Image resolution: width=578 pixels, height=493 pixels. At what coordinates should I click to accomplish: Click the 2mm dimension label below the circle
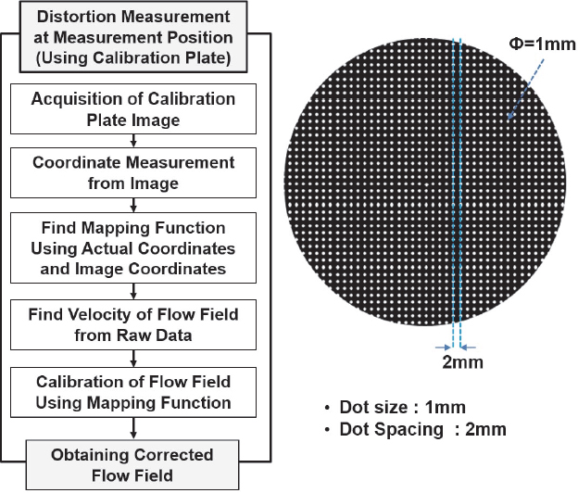tap(463, 361)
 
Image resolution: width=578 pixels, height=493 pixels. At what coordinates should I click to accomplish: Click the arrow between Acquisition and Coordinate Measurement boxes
tap(135, 140)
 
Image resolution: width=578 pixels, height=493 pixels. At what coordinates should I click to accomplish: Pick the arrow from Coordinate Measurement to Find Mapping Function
tap(135, 203)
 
